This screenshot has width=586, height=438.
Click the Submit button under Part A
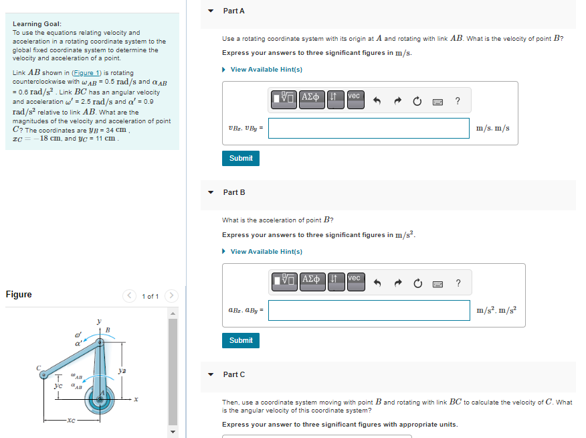pyautogui.click(x=241, y=158)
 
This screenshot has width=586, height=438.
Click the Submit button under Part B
pyautogui.click(x=241, y=340)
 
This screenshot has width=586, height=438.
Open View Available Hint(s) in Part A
pyautogui.click(x=266, y=70)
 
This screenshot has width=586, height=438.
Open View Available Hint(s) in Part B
pyautogui.click(x=266, y=252)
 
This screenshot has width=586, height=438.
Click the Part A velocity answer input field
pyautogui.click(x=369, y=128)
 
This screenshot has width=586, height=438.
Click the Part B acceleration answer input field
pyautogui.click(x=369, y=310)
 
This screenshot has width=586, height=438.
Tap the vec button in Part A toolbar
pyautogui.click(x=355, y=98)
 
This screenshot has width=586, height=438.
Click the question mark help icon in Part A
pyautogui.click(x=458, y=101)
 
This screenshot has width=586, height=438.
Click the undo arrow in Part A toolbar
pyautogui.click(x=377, y=101)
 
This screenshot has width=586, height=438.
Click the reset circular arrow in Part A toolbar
pyautogui.click(x=417, y=101)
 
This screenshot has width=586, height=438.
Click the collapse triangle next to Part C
pyautogui.click(x=211, y=374)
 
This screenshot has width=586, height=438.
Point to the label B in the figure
pyautogui.click(x=107, y=328)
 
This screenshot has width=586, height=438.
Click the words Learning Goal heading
pyautogui.click(x=37, y=24)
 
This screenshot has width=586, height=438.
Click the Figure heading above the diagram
pyautogui.click(x=19, y=295)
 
